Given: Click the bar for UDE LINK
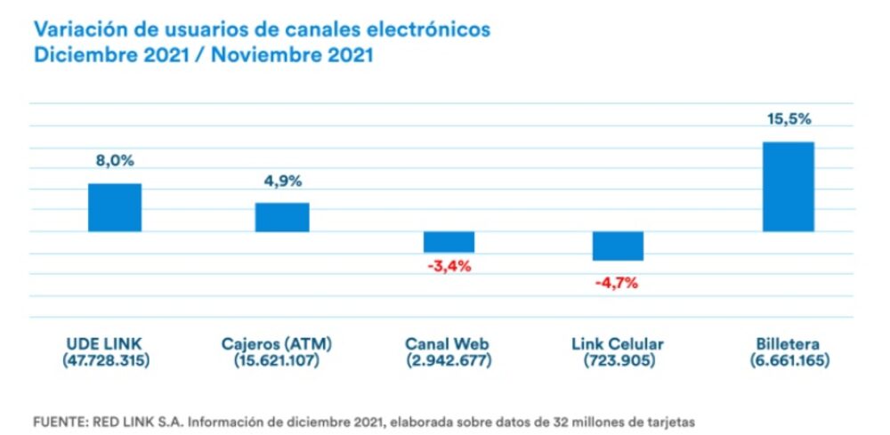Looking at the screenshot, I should pos(115,207).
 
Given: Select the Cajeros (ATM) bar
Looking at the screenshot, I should pos(282,217).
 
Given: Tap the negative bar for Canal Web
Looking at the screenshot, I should pos(449,242).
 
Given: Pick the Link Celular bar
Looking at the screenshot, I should pos(617,246).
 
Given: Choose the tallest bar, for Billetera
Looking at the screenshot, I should pos(788,187).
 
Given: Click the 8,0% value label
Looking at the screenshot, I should pos(115,161).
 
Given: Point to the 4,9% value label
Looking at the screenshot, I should pos(282,181).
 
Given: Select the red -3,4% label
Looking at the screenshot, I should pos(449,266).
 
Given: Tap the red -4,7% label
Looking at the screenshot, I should pos(617,284).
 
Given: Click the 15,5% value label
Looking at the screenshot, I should pos(788,118).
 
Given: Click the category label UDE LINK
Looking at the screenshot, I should pos(104,344).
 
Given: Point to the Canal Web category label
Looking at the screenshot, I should pos(447,344).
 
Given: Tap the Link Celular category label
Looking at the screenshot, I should pos(617,344).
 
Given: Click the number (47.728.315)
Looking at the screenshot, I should pos(105,361).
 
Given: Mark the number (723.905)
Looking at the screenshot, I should pos(617,361).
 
